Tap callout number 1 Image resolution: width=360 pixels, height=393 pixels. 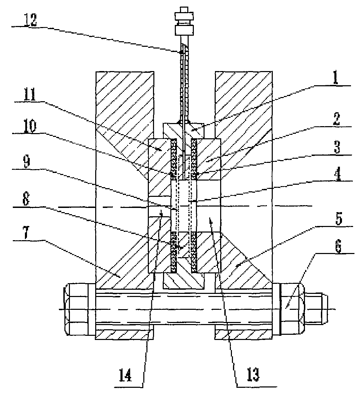click(335, 78)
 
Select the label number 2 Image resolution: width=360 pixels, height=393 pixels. click(336, 119)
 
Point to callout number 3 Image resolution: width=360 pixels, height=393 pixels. click(337, 147)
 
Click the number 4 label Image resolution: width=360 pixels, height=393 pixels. click(338, 174)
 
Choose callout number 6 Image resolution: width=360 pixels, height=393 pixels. click(338, 247)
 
